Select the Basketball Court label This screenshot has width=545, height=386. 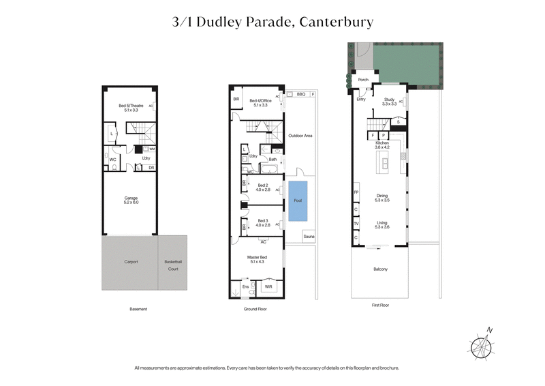click(x=172, y=265)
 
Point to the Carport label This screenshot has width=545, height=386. click(x=131, y=262)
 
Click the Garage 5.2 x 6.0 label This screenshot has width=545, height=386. click(x=131, y=201)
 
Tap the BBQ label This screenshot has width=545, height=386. click(x=300, y=94)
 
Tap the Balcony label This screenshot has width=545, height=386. click(x=380, y=269)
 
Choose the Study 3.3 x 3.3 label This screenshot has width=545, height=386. click(x=389, y=102)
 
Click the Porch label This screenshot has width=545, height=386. click(x=363, y=80)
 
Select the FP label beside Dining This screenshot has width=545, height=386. click(x=356, y=192)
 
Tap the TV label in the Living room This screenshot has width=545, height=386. click(x=356, y=224)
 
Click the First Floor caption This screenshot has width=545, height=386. click(x=380, y=306)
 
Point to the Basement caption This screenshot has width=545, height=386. click(x=138, y=309)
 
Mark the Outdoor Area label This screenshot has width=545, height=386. click(x=300, y=136)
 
